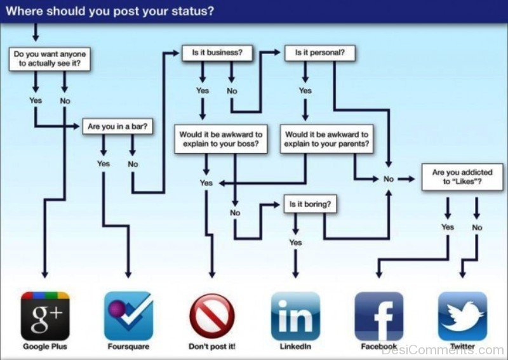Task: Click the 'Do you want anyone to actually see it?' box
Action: click(50, 59)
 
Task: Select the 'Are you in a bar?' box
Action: click(117, 126)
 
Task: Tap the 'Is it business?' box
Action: click(217, 53)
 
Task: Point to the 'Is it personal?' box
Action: click(320, 53)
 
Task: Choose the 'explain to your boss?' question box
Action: click(221, 139)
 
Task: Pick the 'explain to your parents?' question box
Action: click(326, 139)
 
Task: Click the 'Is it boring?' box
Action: click(310, 204)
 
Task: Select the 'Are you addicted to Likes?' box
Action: click(462, 177)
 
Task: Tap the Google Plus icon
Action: click(45, 316)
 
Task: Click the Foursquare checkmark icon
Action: click(129, 316)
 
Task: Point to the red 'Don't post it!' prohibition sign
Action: click(212, 316)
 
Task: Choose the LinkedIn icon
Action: click(295, 316)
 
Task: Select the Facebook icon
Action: click(379, 316)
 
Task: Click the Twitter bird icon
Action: click(463, 316)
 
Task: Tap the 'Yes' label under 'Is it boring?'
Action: click(295, 243)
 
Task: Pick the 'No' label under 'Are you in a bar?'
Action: click(133, 164)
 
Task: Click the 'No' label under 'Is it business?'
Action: click(232, 91)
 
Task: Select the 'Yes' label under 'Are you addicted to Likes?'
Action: click(448, 227)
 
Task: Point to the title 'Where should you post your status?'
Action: click(110, 11)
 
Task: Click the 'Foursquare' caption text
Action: click(129, 347)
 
